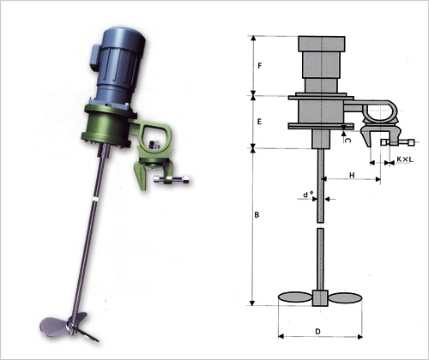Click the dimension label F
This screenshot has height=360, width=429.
260,66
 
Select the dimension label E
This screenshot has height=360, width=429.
259,122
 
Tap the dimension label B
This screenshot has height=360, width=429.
257,214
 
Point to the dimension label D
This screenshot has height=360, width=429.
317,332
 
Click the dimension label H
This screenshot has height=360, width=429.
352,175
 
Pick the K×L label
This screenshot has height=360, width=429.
405,159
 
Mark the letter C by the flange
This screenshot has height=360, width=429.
347,141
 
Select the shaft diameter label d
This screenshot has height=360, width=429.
306,195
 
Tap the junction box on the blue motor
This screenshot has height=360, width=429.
95,57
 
